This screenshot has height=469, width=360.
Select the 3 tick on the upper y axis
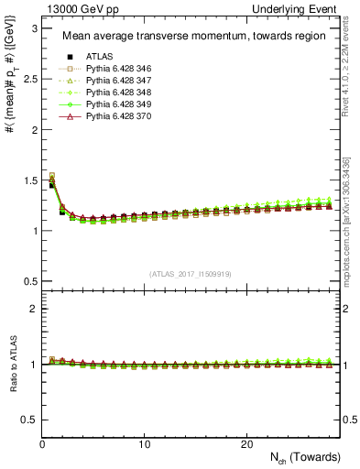coord(33,28)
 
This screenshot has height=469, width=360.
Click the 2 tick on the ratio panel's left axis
coord(33,309)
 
